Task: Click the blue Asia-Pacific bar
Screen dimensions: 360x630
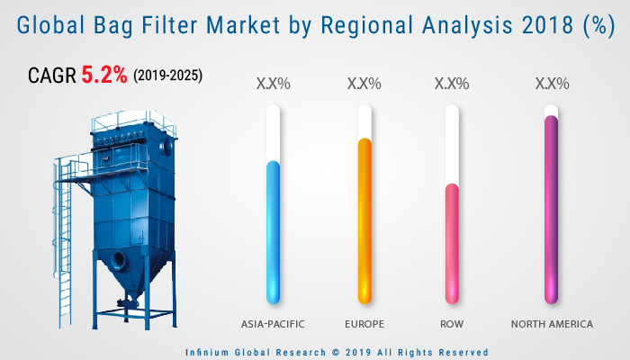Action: point(273,230)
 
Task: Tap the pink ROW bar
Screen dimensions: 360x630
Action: point(452,242)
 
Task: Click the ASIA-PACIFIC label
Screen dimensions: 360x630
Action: point(273,323)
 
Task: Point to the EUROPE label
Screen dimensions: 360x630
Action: point(364,323)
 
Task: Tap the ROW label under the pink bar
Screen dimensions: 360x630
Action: point(452,323)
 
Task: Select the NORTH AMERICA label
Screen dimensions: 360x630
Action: point(552,323)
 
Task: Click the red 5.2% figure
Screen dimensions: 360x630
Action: point(105,76)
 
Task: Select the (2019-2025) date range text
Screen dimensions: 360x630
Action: point(168,76)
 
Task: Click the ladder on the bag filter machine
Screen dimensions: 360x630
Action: point(65,243)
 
